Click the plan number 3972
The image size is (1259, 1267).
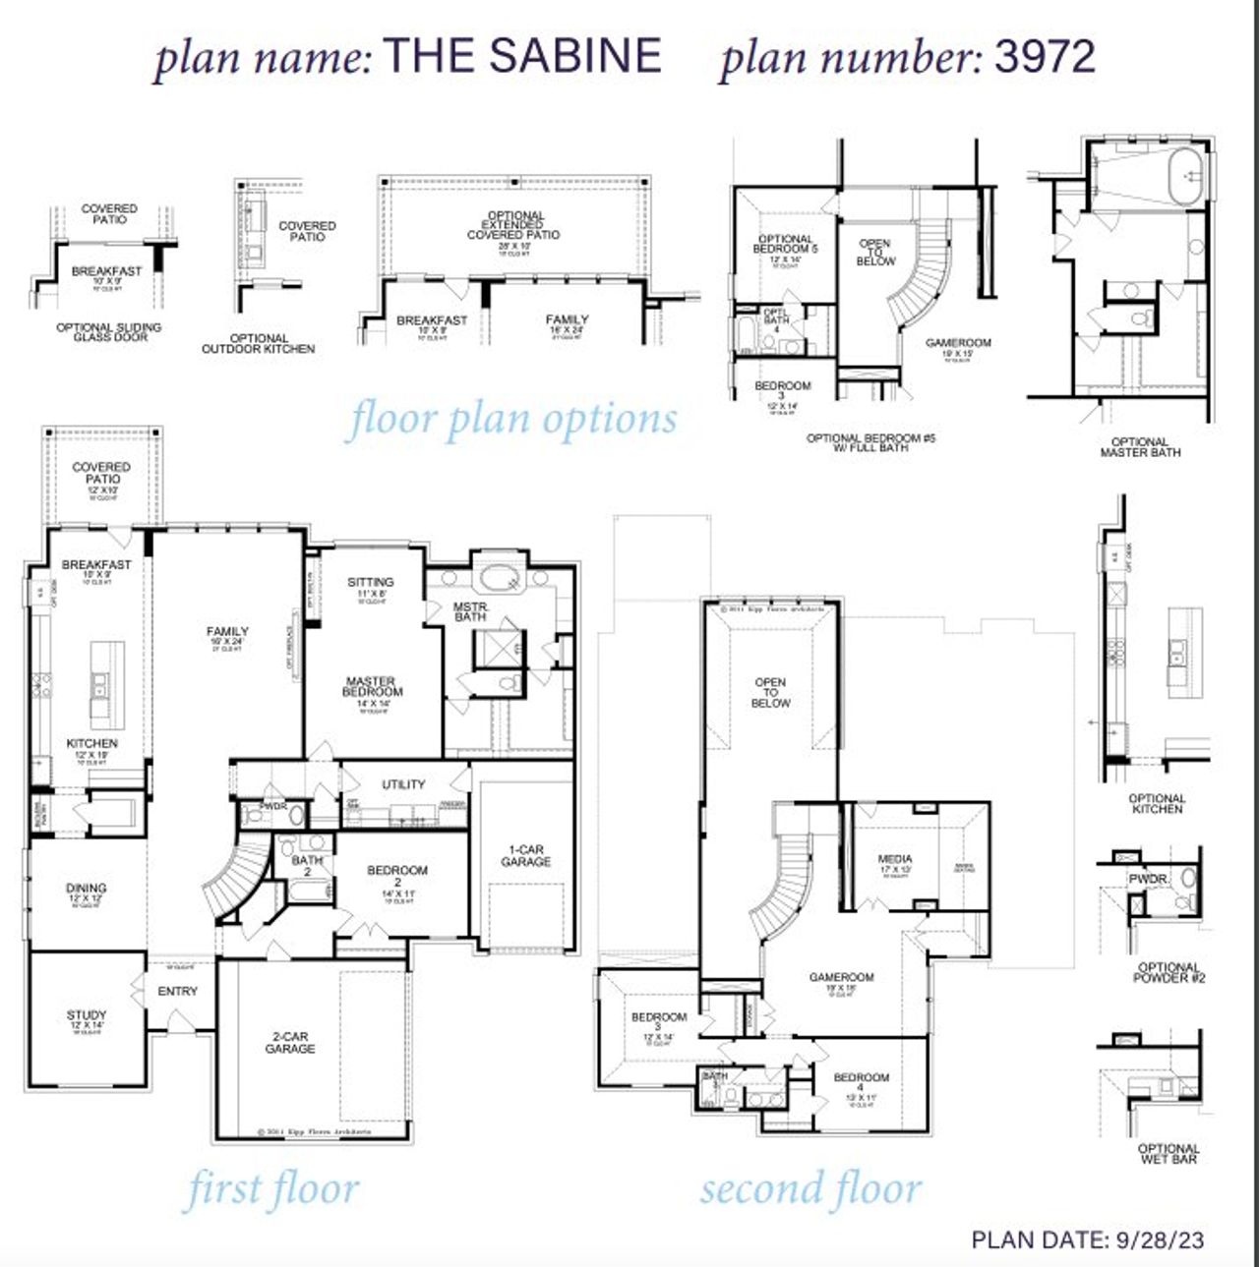1045,56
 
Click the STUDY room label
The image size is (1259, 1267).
87,1015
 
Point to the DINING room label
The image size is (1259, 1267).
87,889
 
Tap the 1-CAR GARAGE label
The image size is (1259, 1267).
525,856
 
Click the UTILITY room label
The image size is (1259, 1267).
403,784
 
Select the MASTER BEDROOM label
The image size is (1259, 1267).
372,686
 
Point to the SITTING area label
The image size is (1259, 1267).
370,582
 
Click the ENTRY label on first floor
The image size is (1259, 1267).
177,992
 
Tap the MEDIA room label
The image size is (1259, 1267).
894,859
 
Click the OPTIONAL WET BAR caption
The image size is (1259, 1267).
1168,1154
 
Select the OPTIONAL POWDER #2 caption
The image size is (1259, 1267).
1169,973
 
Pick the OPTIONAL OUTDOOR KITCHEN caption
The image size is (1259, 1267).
258,343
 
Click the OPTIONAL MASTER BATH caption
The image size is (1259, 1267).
1139,447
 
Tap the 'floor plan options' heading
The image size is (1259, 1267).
512,420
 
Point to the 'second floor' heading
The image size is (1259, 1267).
810,1189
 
